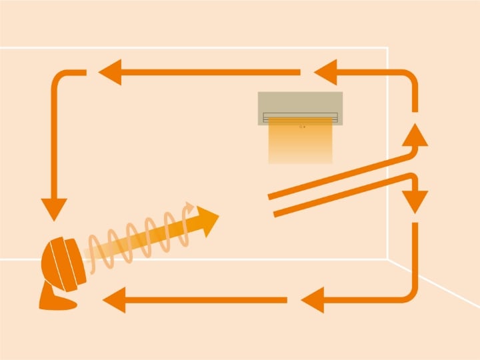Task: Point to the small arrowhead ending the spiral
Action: tap(190, 208)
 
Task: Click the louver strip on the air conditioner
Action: tap(300, 118)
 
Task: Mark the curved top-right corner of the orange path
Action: tap(409, 78)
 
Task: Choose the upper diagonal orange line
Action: tap(340, 176)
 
